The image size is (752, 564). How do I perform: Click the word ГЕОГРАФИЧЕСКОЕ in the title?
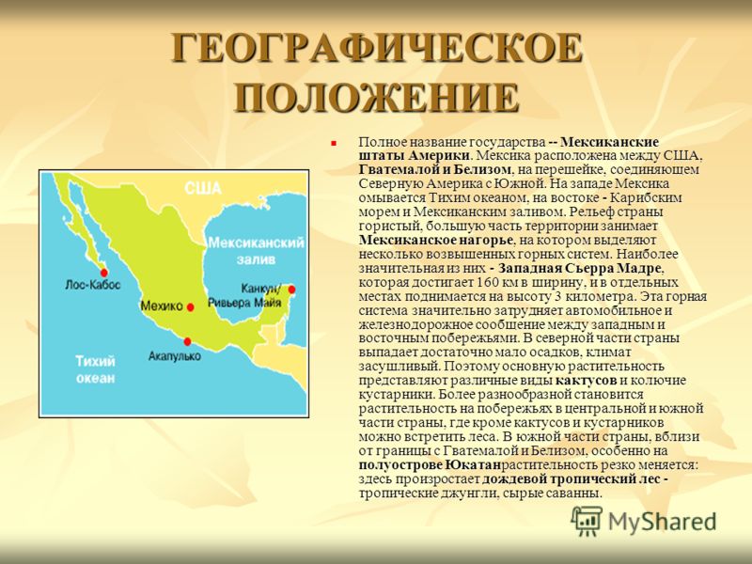[377, 48]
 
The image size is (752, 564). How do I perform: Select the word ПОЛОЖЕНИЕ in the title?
[377, 98]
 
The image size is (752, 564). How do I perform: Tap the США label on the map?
[202, 188]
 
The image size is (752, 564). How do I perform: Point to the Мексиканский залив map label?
[256, 250]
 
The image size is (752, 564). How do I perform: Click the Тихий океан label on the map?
[96, 369]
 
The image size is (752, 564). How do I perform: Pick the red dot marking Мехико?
[191, 307]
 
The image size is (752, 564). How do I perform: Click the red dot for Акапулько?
[187, 341]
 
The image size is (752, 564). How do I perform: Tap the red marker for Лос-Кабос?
[104, 273]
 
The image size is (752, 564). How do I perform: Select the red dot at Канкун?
[291, 290]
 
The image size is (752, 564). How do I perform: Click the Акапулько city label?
[175, 356]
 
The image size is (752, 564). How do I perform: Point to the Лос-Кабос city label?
[92, 285]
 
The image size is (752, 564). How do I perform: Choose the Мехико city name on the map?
[162, 306]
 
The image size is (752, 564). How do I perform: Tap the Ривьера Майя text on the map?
[244, 303]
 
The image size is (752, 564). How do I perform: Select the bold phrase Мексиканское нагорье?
[436, 240]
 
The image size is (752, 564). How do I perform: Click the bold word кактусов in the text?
[586, 381]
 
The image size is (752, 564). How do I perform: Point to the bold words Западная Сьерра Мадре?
[581, 268]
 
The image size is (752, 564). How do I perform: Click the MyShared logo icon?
[587, 521]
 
